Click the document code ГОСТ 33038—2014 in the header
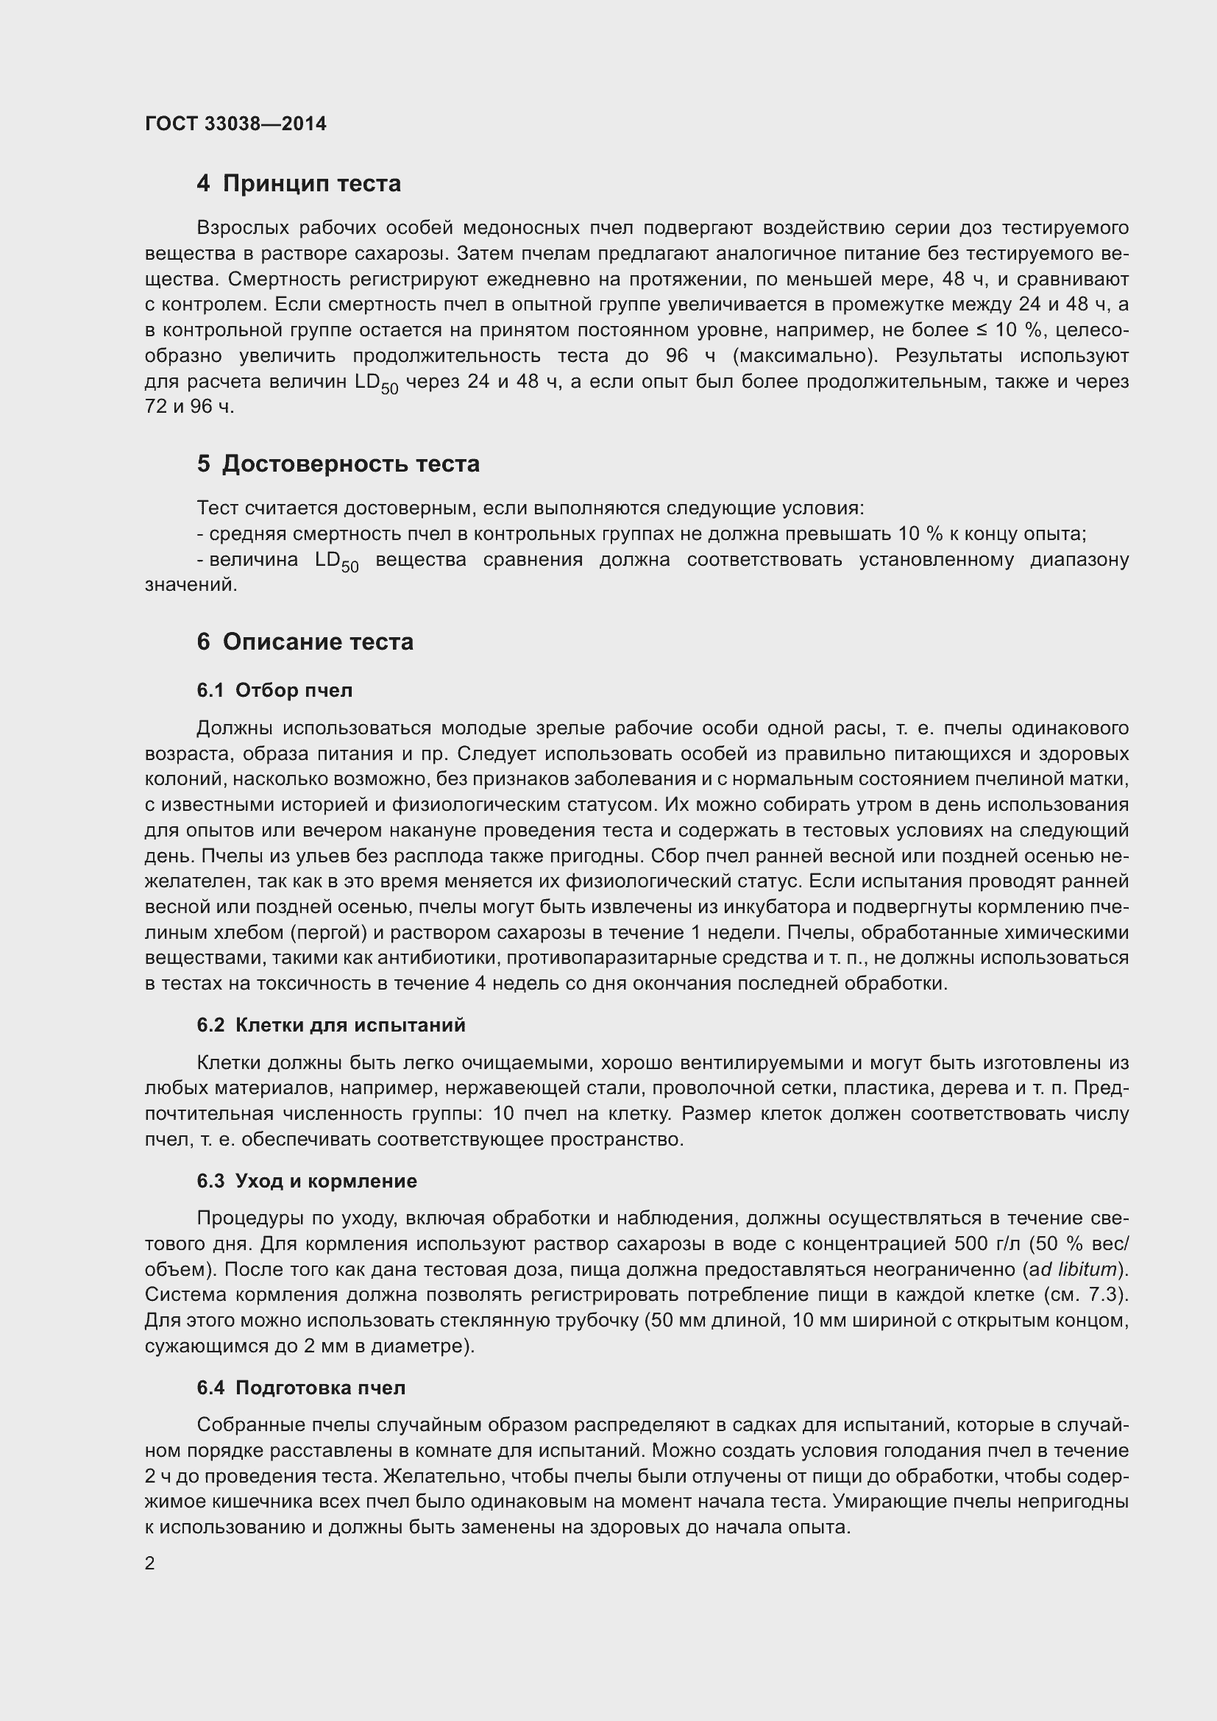click(235, 124)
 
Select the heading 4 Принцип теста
click(298, 183)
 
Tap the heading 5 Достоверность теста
click(338, 464)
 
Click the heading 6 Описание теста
click(305, 642)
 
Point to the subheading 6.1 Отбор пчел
click(274, 690)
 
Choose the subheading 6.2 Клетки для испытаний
click(330, 1026)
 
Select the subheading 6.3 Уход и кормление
click(307, 1182)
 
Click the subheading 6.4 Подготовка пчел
click(300, 1388)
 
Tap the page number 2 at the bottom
click(150, 1564)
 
